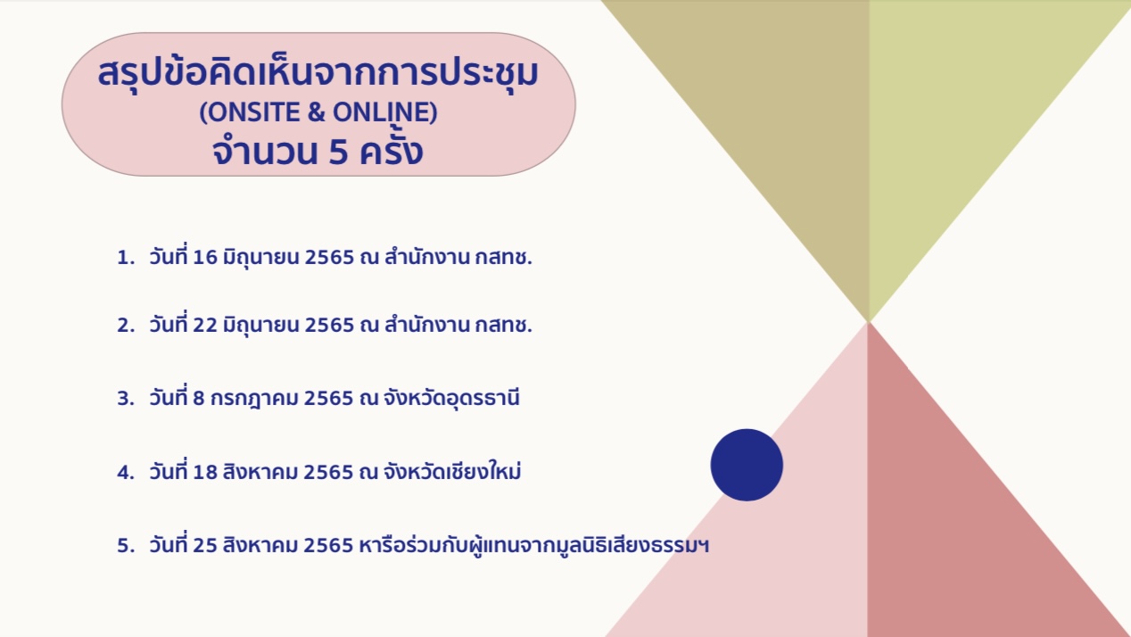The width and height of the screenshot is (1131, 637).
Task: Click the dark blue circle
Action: (747, 465)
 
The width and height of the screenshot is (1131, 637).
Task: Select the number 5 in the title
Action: (338, 152)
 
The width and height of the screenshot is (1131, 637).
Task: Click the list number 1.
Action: (126, 258)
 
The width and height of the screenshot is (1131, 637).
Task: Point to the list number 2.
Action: (126, 326)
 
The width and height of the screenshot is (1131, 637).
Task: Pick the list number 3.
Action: (126, 399)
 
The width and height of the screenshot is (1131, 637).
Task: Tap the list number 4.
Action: (126, 472)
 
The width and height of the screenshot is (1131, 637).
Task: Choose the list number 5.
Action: (126, 546)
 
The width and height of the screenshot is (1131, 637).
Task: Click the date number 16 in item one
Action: (205, 257)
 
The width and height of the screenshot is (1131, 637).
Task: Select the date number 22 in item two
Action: (205, 325)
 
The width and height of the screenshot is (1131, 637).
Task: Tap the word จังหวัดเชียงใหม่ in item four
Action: (452, 471)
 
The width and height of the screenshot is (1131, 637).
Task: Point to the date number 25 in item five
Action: (205, 546)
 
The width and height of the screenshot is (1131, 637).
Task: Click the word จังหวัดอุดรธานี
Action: (451, 399)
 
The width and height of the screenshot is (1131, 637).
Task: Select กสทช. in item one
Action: (503, 257)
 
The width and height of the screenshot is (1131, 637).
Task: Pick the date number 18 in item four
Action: (205, 472)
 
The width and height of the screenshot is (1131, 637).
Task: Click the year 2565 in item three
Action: (328, 399)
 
